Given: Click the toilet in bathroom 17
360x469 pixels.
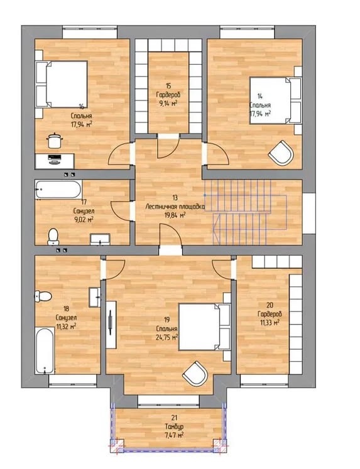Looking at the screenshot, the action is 53,237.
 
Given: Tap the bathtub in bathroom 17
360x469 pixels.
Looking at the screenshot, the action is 58,189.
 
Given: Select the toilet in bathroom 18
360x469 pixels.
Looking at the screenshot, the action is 43,296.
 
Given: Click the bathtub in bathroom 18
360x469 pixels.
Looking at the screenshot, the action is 45,350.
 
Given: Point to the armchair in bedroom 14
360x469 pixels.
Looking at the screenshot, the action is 281,153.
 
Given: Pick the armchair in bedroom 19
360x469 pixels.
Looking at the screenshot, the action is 195,374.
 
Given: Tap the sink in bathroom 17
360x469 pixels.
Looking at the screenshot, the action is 101,240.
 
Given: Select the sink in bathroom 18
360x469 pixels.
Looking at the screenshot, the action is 95,297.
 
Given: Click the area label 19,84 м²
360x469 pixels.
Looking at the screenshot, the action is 175,215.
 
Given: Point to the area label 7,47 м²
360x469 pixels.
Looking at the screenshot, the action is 174,434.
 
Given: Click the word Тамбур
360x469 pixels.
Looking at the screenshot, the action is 174,426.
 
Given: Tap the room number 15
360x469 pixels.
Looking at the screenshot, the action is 168,86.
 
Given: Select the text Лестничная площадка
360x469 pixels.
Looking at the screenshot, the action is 175,207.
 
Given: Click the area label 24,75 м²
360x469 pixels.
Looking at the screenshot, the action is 167,337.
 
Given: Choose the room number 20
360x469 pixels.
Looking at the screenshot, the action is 270,305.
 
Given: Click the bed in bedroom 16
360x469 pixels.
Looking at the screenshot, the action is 62,84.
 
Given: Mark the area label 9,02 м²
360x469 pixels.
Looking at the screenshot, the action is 84,219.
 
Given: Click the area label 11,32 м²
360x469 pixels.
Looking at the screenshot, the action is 66,326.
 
